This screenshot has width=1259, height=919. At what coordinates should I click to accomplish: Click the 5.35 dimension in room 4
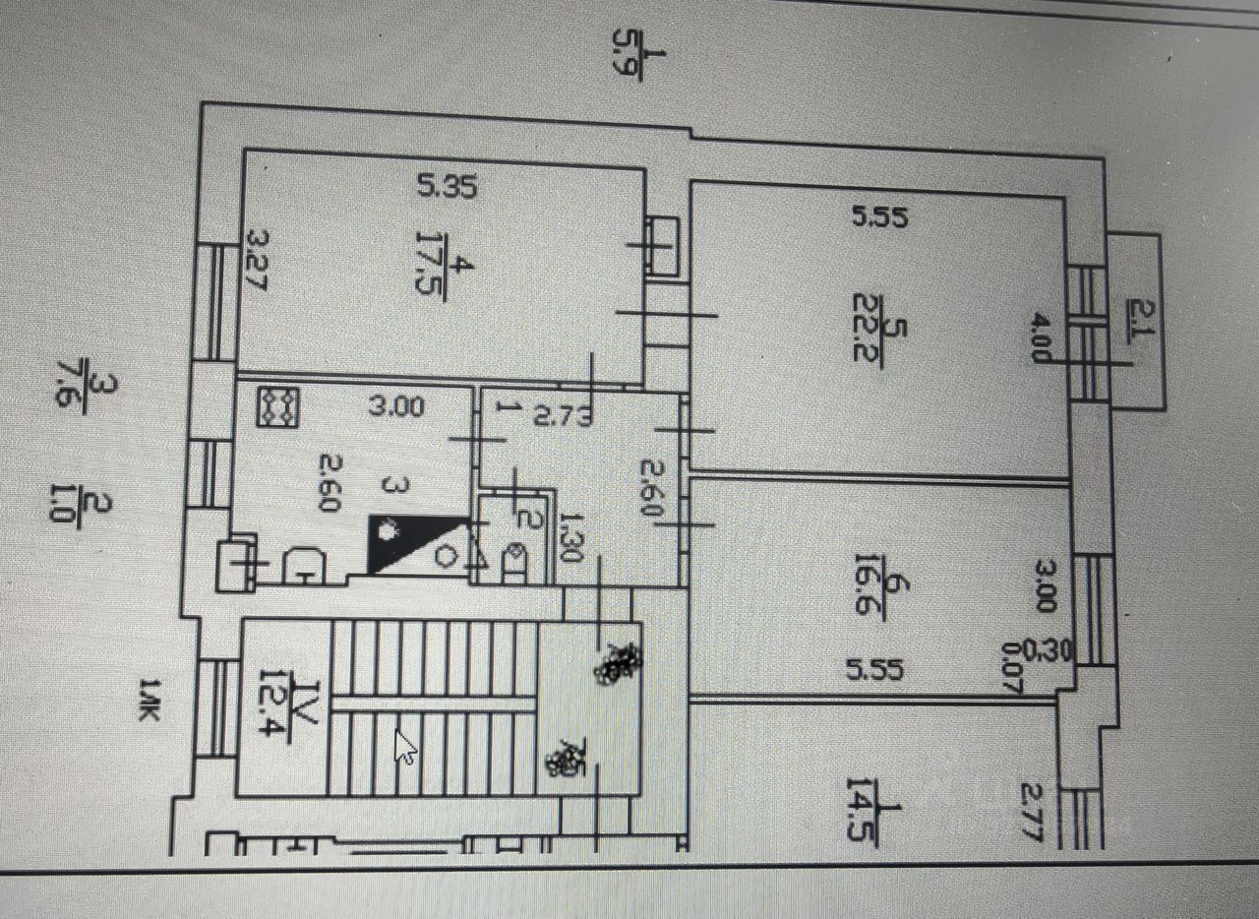click(x=448, y=187)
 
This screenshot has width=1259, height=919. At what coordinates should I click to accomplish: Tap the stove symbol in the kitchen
click(x=277, y=407)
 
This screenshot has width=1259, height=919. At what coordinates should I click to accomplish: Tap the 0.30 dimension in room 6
click(x=1042, y=649)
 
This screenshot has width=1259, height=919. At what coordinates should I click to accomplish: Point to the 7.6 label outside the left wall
click(x=83, y=373)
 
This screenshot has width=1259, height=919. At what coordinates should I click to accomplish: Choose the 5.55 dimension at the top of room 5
click(x=877, y=217)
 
